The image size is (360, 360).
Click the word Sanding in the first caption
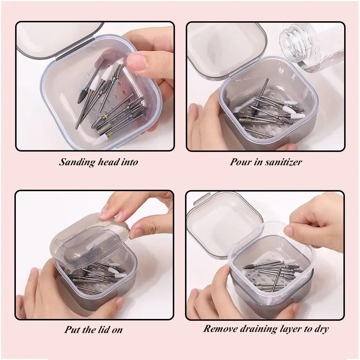[77, 162]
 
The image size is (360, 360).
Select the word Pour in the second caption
[239, 162]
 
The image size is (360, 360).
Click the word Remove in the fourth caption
[219, 328]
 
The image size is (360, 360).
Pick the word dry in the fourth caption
[321, 329]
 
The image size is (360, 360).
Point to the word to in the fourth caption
[307, 329]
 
